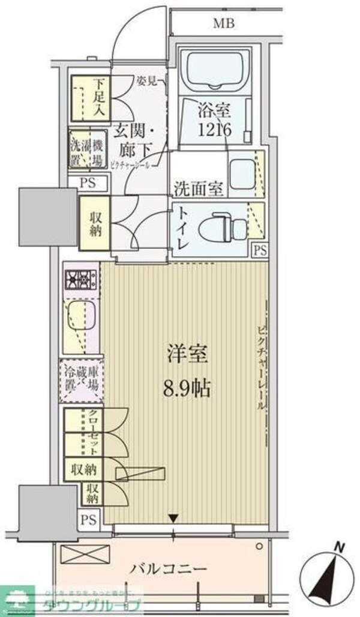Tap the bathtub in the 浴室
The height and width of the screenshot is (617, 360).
214,71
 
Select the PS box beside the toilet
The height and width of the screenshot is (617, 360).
260,249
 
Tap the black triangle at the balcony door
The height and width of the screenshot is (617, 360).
174,518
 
